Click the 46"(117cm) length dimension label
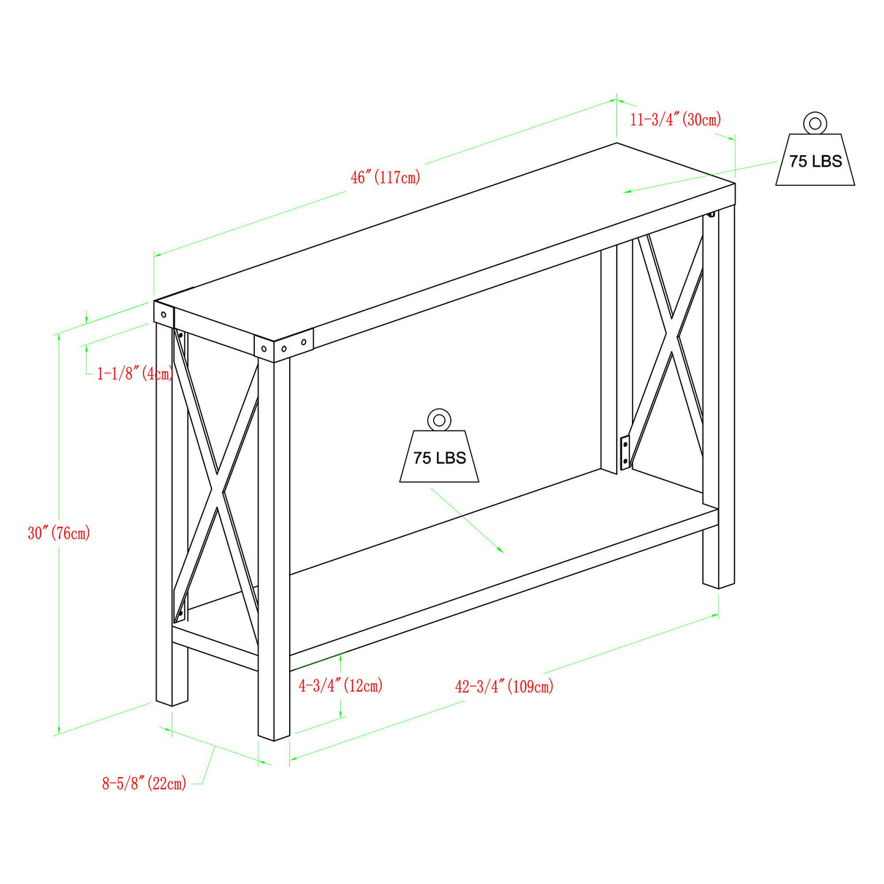[x=385, y=177]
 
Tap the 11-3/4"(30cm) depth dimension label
[x=675, y=119]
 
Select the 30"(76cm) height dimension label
[x=59, y=533]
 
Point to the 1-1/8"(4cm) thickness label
[x=135, y=374]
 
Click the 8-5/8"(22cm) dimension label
[x=144, y=784]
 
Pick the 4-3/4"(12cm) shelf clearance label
[x=340, y=685]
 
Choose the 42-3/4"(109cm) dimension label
[x=504, y=686]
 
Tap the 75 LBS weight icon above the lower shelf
[x=439, y=457]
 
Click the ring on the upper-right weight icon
[x=815, y=122]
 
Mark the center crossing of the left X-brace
[x=216, y=489]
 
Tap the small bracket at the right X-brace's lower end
[x=625, y=451]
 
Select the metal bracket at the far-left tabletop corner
[x=164, y=315]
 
